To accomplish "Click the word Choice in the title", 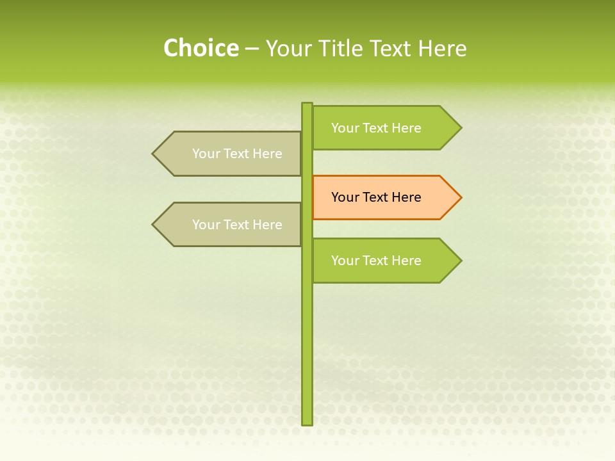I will click(x=201, y=48).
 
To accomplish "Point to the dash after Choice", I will click(x=252, y=49).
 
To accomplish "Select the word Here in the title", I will click(x=442, y=48).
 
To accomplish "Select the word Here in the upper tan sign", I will click(x=267, y=154).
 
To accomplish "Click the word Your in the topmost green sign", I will click(x=345, y=128).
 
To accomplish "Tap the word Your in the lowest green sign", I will click(x=345, y=261).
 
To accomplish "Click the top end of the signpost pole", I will click(x=307, y=104).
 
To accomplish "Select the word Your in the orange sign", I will click(x=345, y=197).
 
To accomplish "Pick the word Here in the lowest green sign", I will click(x=406, y=261).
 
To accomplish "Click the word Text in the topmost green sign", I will click(x=376, y=128).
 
